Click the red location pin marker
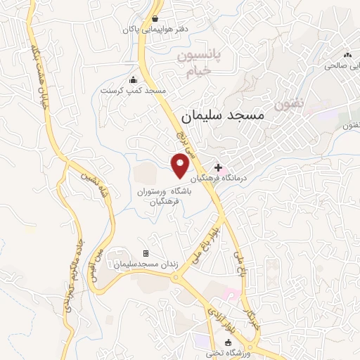coord(181,165)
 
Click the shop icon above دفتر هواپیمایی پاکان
coord(155,18)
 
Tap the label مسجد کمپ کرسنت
coord(132,91)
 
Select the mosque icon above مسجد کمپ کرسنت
coord(133,79)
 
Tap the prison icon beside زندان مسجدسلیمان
coord(146,253)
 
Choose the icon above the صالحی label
coord(347,55)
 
